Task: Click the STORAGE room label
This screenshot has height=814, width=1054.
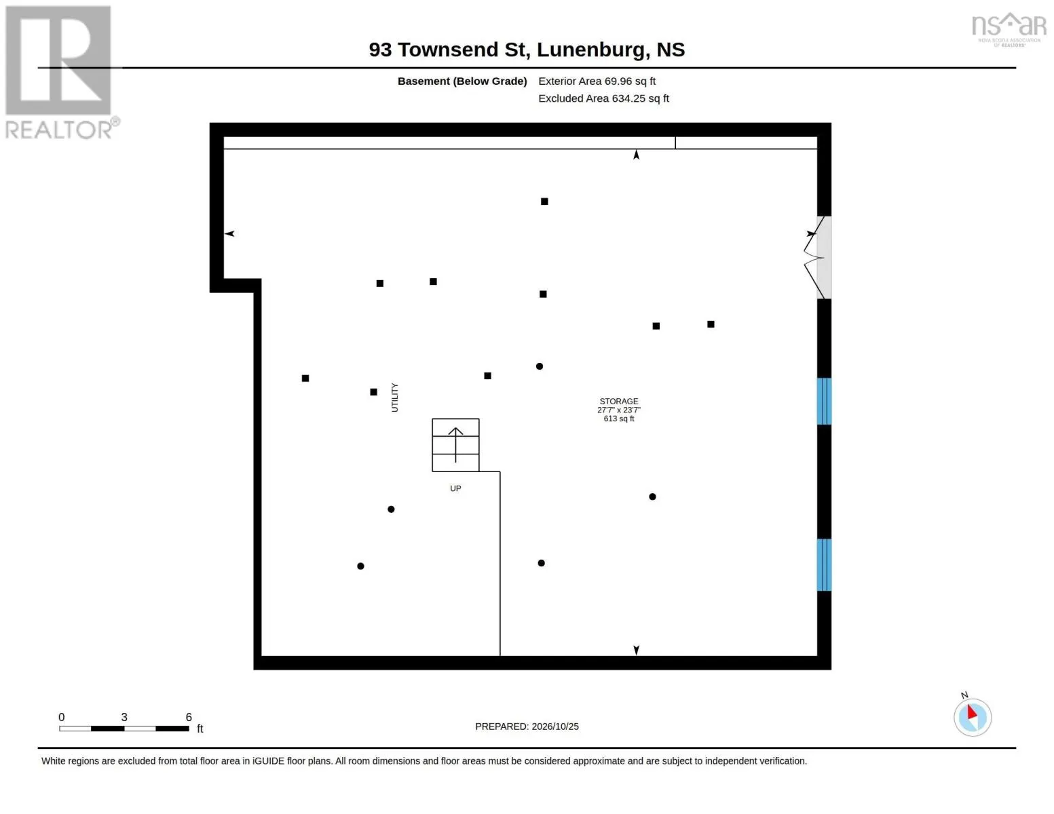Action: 618,402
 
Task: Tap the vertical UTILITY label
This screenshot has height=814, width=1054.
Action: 394,398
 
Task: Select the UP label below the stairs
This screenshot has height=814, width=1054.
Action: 455,488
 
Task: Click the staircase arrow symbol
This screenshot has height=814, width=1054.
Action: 455,444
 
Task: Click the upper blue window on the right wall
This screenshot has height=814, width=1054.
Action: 824,402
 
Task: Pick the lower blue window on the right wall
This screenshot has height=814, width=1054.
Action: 824,565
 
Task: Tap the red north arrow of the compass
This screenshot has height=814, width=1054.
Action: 972,712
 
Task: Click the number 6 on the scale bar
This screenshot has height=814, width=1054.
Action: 189,717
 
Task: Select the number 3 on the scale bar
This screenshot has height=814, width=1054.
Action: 124,717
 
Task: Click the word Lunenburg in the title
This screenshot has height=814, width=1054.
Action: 590,50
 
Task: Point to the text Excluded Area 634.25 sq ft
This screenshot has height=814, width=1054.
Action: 603,98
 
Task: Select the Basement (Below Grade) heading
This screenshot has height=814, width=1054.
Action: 462,81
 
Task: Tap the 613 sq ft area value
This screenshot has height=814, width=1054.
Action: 618,419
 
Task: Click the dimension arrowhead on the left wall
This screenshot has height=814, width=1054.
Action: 229,233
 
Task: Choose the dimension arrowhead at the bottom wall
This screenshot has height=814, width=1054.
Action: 636,650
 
